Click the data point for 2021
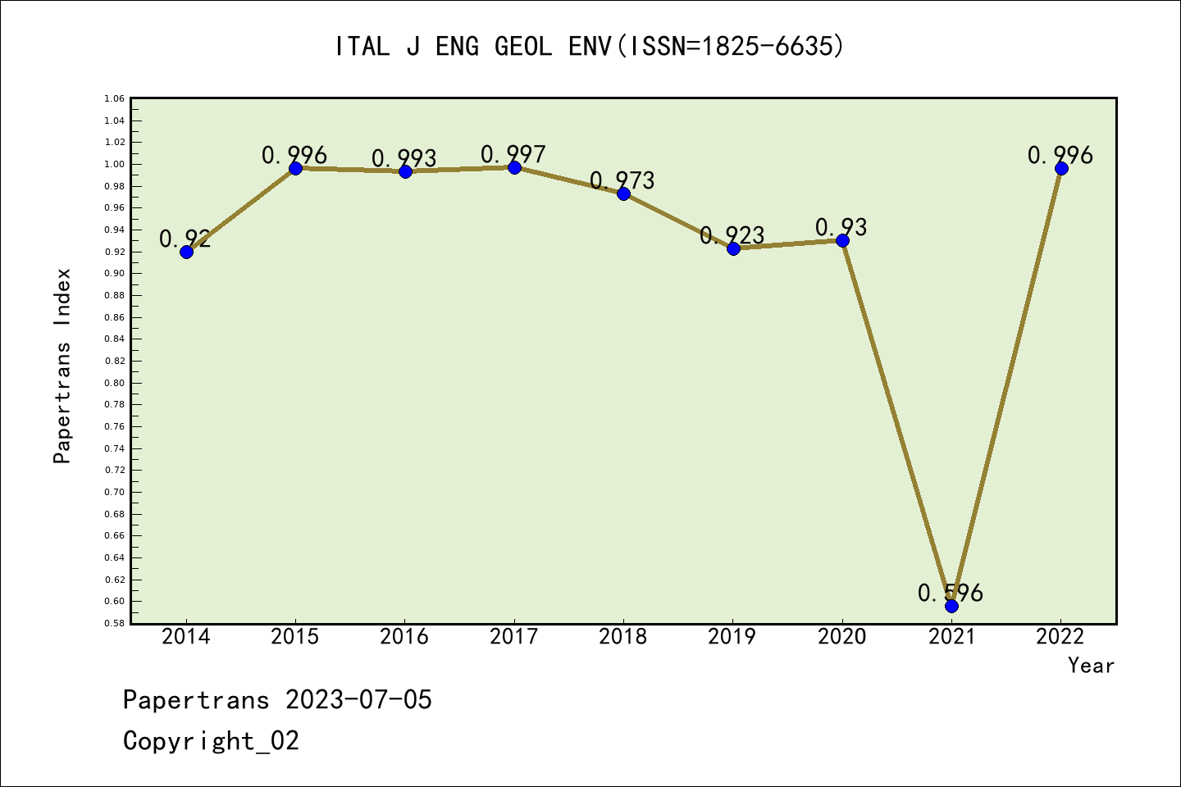click(x=951, y=606)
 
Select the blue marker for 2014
click(x=186, y=252)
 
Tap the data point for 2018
click(x=623, y=193)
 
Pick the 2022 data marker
click(x=1061, y=169)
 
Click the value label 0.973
click(x=622, y=180)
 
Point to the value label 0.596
click(x=951, y=593)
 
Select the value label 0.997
click(x=513, y=154)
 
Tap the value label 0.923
click(x=732, y=236)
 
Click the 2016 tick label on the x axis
click(x=404, y=636)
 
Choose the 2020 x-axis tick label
click(x=842, y=636)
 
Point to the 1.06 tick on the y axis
click(x=115, y=99)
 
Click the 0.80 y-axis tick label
click(x=115, y=383)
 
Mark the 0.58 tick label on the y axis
click(x=115, y=623)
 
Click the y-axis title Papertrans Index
click(x=62, y=366)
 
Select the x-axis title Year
click(x=1091, y=665)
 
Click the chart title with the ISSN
click(x=590, y=46)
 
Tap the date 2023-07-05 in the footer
click(x=358, y=699)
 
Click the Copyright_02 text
click(x=212, y=740)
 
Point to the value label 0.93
click(x=841, y=227)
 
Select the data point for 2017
click(x=514, y=167)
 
